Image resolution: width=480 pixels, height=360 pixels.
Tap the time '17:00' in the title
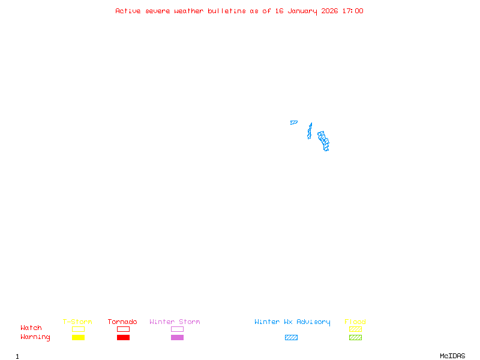click(x=352, y=11)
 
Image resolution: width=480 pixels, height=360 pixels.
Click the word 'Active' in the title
click(x=128, y=11)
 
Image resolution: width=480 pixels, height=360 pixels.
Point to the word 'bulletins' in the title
click(x=226, y=11)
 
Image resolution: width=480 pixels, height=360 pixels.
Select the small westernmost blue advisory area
click(x=293, y=122)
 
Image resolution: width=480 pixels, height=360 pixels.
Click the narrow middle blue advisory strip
click(x=310, y=131)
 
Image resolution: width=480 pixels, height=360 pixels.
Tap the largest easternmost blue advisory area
click(x=323, y=141)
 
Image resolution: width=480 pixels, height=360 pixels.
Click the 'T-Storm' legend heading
click(x=77, y=322)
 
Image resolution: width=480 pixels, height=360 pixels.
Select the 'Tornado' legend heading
click(x=122, y=322)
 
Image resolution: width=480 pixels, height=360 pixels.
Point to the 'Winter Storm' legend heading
click(x=175, y=322)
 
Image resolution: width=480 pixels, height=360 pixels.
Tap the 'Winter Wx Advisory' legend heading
click(x=292, y=322)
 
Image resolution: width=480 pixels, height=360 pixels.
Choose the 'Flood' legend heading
click(x=355, y=322)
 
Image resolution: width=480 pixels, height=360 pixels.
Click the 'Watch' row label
click(x=31, y=328)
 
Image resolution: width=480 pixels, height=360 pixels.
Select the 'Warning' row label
click(x=35, y=337)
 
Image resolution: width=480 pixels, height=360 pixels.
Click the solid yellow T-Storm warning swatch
click(x=78, y=338)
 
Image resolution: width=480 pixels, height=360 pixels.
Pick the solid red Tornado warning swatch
click(x=123, y=338)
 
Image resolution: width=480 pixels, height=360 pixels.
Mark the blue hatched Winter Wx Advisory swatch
click(x=291, y=338)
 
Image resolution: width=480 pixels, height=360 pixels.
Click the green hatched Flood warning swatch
click(x=355, y=338)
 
